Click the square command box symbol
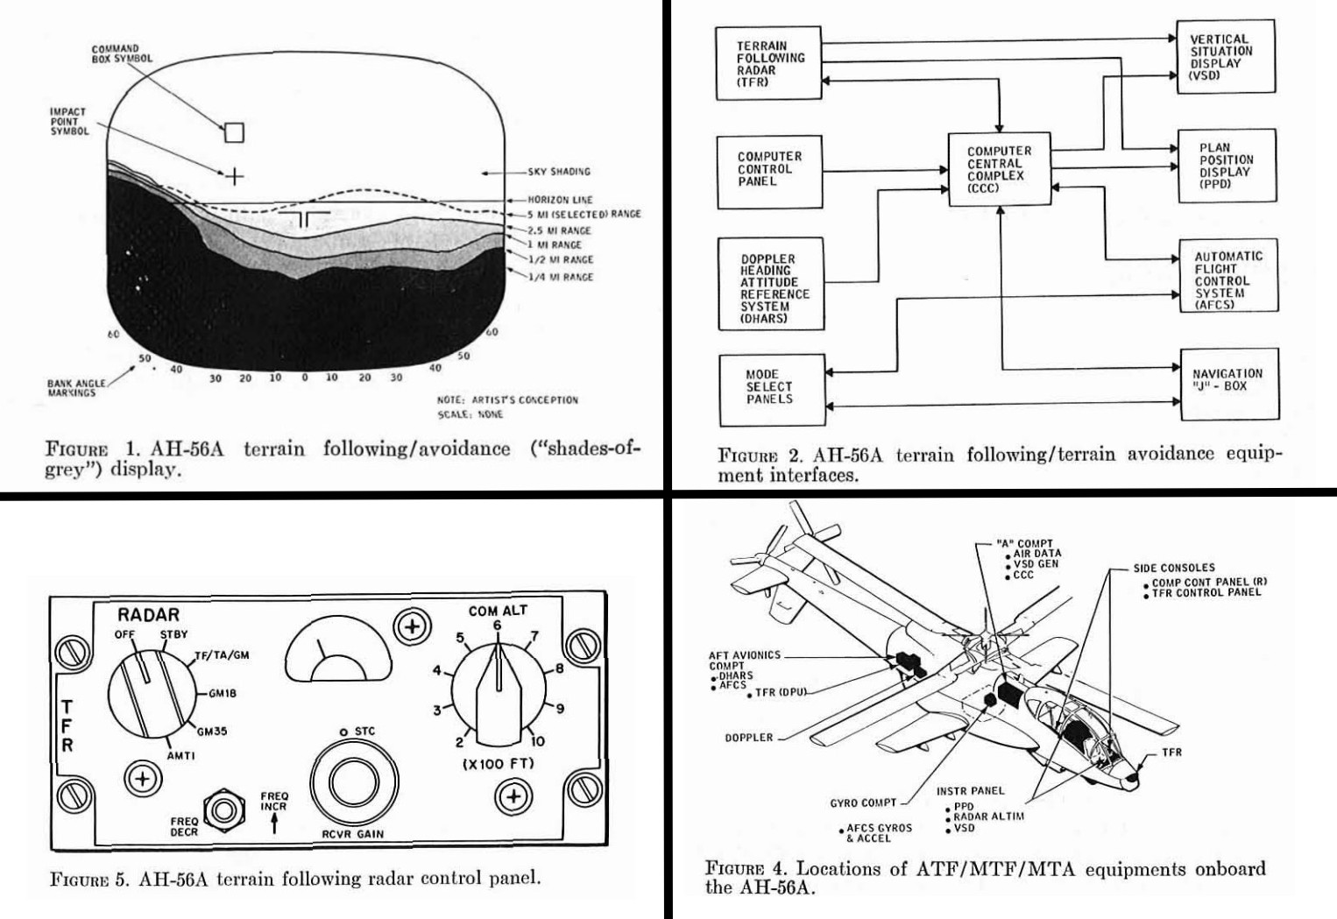234,132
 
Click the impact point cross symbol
234,177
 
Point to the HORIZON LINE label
560,200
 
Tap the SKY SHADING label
558,172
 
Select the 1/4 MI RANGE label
560,277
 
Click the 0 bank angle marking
304,378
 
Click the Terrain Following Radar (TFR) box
768,63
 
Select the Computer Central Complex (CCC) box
999,169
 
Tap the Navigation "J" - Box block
1227,380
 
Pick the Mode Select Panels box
771,387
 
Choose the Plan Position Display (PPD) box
1226,166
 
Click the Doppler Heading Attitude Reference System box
771,283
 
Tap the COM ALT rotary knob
498,693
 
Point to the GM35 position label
211,732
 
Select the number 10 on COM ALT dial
537,741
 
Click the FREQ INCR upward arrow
274,823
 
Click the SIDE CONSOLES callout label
1173,568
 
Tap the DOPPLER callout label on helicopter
748,738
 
